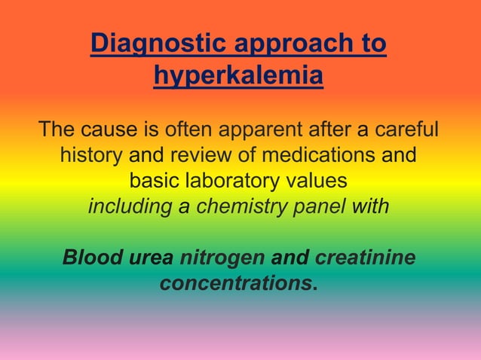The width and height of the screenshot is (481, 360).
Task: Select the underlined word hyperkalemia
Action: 238,76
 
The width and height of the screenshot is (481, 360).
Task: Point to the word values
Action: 321,182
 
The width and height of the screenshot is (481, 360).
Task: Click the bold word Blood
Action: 92,258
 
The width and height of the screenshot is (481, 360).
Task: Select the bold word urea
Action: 151,258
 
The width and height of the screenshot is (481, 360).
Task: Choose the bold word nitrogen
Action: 222,258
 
